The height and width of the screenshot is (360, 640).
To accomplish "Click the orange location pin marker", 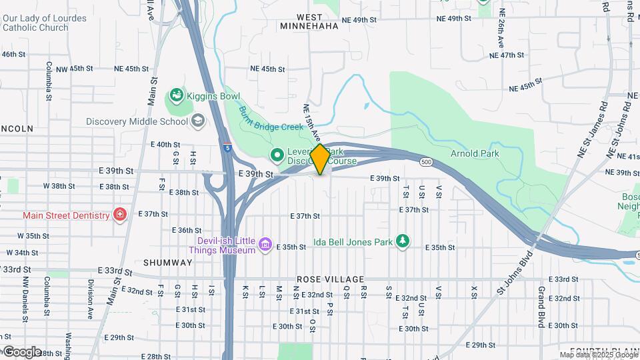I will tap(320, 159).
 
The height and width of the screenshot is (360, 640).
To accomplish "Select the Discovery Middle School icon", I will tap(198, 121).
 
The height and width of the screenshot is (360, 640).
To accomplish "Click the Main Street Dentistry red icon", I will tap(119, 215).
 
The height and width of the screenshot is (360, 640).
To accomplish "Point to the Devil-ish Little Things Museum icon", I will tap(266, 245).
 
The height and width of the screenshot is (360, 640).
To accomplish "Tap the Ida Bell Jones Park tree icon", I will tap(402, 241).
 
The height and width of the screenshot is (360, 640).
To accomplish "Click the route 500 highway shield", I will tap(426, 162).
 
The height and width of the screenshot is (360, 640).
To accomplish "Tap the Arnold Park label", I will tap(474, 154).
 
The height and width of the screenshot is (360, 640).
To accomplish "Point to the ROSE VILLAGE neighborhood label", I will tap(330, 279).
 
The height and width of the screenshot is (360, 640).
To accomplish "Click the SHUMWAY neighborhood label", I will tap(167, 263).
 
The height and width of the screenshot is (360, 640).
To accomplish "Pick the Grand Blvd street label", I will tap(541, 307).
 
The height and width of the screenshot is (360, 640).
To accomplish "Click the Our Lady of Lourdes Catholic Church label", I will tap(44, 23).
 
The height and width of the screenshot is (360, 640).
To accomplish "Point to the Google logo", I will tap(21, 351).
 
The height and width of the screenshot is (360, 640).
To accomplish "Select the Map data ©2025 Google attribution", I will tap(598, 355).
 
